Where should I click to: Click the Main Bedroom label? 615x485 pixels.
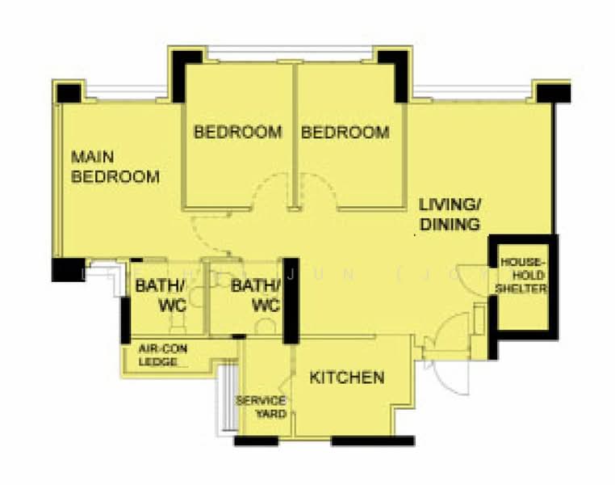point(115,167)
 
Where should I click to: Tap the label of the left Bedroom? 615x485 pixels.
point(238,132)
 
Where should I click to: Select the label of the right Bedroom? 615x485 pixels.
point(345,132)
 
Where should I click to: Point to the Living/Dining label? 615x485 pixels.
point(449,213)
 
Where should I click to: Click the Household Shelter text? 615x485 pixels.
point(524,276)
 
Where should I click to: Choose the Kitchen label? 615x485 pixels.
point(347,377)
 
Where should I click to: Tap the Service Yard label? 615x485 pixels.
point(260,407)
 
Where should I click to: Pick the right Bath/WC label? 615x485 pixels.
point(256,295)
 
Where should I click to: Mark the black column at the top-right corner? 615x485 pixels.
point(554,91)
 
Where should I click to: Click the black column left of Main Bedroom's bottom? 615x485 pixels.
point(68,269)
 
